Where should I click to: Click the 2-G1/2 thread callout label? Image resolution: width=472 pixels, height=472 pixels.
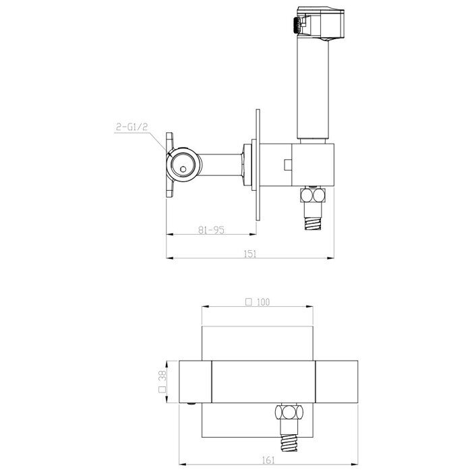[x=132, y=127]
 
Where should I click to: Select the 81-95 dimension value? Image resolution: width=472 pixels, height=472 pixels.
[x=211, y=230]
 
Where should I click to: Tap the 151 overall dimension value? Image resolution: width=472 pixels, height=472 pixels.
[x=250, y=254]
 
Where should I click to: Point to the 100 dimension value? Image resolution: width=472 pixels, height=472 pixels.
[x=264, y=302]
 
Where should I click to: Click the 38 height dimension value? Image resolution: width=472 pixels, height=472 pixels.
[x=163, y=376]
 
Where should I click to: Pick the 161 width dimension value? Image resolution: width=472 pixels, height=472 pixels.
[x=268, y=460]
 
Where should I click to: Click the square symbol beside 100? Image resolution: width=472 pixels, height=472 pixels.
[x=248, y=302]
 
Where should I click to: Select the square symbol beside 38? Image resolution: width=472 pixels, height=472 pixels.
[x=163, y=390]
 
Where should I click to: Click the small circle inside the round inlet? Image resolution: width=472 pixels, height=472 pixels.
[x=183, y=169]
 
